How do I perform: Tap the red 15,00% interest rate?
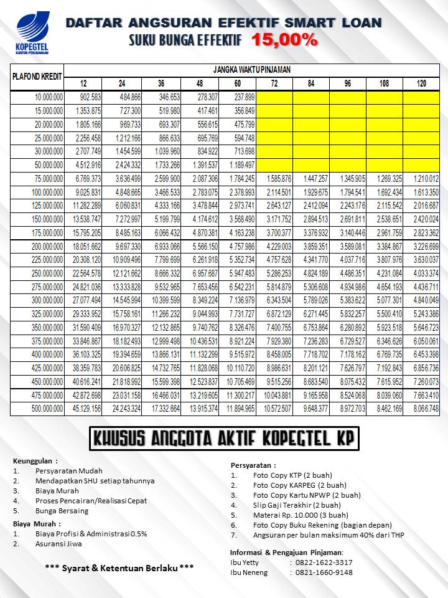coord(285,40)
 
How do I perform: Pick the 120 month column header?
coord(421,84)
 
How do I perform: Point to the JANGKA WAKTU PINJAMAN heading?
coord(252,69)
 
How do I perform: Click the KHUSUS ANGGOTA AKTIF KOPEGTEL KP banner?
coord(223,439)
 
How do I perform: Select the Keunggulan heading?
coord(35,461)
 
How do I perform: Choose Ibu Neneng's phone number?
coord(324,572)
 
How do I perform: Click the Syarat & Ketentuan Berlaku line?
coord(119,567)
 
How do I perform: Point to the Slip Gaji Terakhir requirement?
coord(297,505)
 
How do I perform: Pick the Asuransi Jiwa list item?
coord(58,544)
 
